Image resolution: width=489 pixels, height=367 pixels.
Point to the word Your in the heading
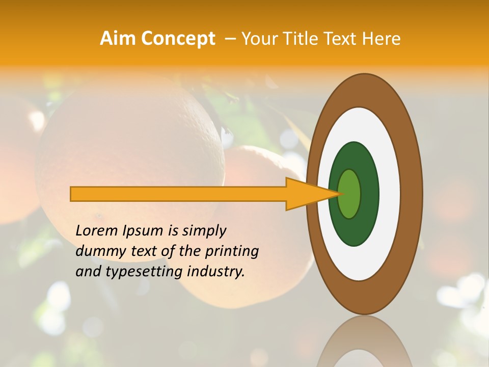[x=260, y=38]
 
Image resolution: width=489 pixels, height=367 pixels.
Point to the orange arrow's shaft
[x=178, y=194]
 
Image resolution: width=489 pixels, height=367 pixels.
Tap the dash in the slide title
[x=230, y=39]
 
